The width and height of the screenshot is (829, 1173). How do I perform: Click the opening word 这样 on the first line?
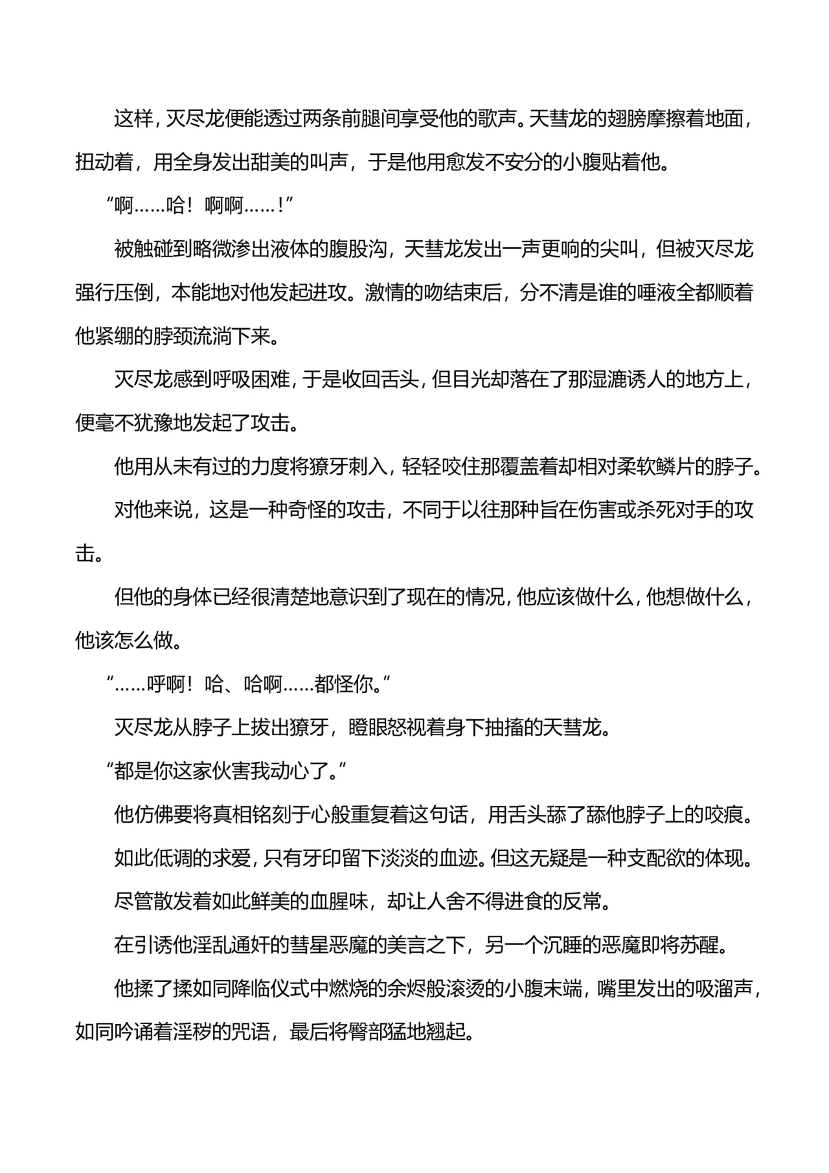(133, 120)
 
